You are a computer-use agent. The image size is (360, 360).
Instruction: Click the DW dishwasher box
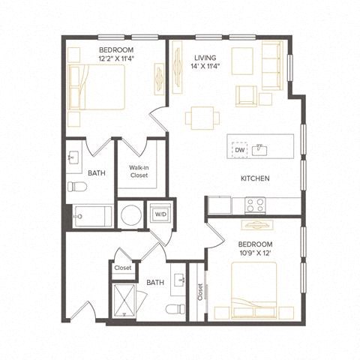click(238, 149)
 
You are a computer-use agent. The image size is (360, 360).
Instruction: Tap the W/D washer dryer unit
click(160, 214)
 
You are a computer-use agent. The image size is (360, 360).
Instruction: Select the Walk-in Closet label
click(138, 172)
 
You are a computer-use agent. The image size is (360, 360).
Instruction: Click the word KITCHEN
click(255, 178)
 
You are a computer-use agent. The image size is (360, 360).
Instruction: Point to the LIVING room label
click(205, 57)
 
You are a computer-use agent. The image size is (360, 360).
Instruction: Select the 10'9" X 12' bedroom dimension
click(255, 254)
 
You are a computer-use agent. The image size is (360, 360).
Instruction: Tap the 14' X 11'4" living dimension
click(209, 66)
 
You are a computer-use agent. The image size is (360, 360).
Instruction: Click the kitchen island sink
click(259, 148)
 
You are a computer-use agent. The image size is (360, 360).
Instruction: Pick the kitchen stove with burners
click(254, 203)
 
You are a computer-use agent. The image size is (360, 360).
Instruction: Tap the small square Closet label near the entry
click(122, 268)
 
